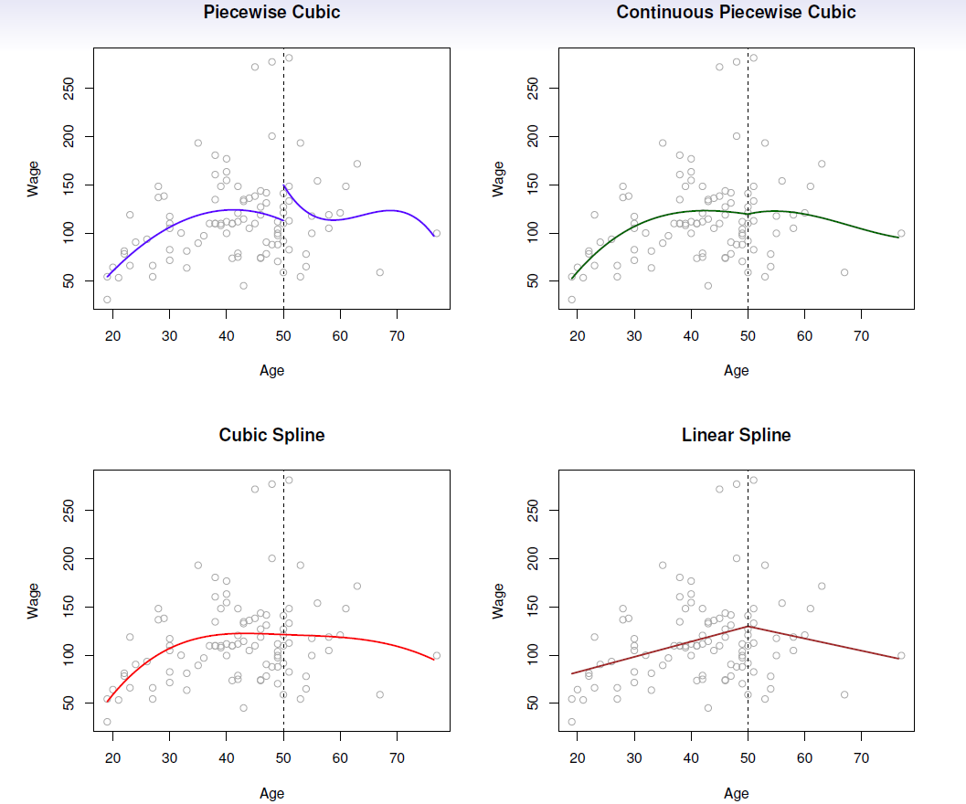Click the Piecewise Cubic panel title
pyautogui.click(x=271, y=13)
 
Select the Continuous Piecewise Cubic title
pyautogui.click(x=736, y=13)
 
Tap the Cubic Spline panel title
pyautogui.click(x=271, y=436)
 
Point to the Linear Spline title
pyautogui.click(x=736, y=436)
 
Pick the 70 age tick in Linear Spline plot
pyautogui.click(x=861, y=758)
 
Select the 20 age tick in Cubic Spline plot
pyautogui.click(x=112, y=758)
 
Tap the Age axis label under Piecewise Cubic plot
pyautogui.click(x=271, y=371)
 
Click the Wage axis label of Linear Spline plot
pyautogui.click(x=499, y=602)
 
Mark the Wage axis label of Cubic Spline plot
pyautogui.click(x=35, y=602)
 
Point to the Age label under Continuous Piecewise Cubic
pyautogui.click(x=736, y=371)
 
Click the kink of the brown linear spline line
pyautogui.click(x=748, y=626)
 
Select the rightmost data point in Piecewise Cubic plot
pyautogui.click(x=437, y=233)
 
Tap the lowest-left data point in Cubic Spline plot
pyautogui.click(x=107, y=722)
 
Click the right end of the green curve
pyautogui.click(x=898, y=238)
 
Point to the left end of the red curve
pyautogui.click(x=106, y=701)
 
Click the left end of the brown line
pyautogui.click(x=571, y=674)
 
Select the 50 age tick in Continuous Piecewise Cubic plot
pyautogui.click(x=748, y=336)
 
